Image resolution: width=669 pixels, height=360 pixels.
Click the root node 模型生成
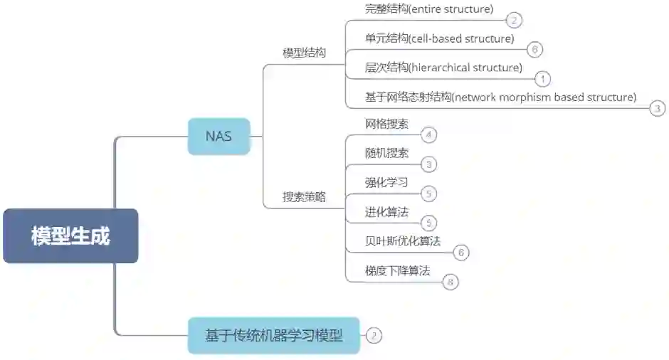pyautogui.click(x=70, y=236)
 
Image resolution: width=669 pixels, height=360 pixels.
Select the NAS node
pyautogui.click(x=218, y=136)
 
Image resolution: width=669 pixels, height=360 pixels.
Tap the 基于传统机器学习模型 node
pyautogui.click(x=274, y=335)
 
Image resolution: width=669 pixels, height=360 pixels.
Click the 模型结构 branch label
pyautogui.click(x=304, y=53)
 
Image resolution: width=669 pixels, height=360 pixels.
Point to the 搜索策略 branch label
pyautogui.click(x=304, y=197)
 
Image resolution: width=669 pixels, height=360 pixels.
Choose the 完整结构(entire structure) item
pyautogui.click(x=428, y=9)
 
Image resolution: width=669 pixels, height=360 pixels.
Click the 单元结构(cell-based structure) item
pyautogui.click(x=439, y=38)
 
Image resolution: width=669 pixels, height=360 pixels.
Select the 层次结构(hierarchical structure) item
pyautogui.click(x=443, y=68)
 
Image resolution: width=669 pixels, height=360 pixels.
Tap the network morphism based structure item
pyautogui.click(x=500, y=97)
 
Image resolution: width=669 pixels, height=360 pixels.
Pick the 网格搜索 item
pyautogui.click(x=386, y=124)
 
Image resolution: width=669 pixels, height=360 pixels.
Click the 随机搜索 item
pyautogui.click(x=386, y=153)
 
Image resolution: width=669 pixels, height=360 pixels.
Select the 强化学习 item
pyautogui.click(x=386, y=182)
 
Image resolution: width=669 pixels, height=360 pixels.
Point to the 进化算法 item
pyautogui.click(x=386, y=212)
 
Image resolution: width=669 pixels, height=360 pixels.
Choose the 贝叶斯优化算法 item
pyautogui.click(x=402, y=241)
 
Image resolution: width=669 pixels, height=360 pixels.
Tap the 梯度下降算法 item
pyautogui.click(x=397, y=270)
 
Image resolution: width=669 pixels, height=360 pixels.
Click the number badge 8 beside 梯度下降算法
pyautogui.click(x=450, y=282)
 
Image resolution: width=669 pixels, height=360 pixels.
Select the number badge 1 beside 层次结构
pyautogui.click(x=542, y=79)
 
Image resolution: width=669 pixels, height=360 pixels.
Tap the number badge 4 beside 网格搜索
pyautogui.click(x=428, y=134)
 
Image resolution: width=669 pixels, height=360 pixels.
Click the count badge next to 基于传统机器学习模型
pyautogui.click(x=374, y=335)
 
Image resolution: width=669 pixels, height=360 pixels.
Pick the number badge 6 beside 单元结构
pyautogui.click(x=535, y=49)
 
